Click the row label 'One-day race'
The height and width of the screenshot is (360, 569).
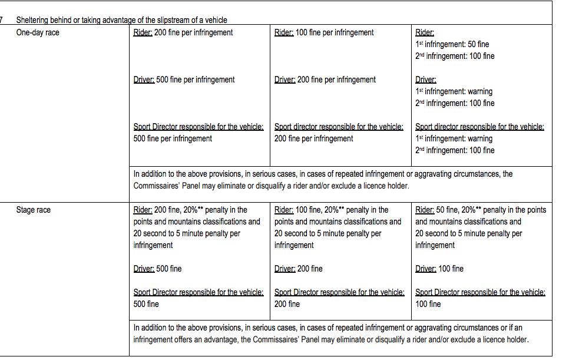(38, 32)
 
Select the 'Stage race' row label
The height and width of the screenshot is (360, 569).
(33, 210)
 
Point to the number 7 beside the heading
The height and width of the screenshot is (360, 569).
(2, 20)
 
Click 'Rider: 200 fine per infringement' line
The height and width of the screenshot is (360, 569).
(183, 32)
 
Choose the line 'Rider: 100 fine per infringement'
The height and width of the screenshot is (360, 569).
(323, 32)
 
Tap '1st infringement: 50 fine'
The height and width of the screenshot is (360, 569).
(452, 44)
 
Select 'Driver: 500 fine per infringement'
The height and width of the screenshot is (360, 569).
(184, 80)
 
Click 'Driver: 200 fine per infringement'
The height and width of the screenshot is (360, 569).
(325, 80)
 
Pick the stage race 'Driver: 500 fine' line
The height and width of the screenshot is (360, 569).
(157, 269)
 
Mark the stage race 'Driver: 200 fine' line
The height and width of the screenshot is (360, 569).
(298, 269)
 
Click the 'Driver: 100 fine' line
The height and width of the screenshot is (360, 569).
(439, 269)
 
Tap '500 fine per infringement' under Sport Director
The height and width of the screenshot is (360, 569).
(173, 138)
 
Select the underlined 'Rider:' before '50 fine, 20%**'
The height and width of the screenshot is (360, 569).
(425, 210)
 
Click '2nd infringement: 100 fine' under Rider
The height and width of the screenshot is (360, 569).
(454, 56)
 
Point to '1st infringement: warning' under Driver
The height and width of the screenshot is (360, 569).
(454, 91)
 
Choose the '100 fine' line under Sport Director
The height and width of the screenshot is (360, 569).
(428, 304)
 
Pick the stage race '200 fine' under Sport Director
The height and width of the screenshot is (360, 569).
(287, 304)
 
